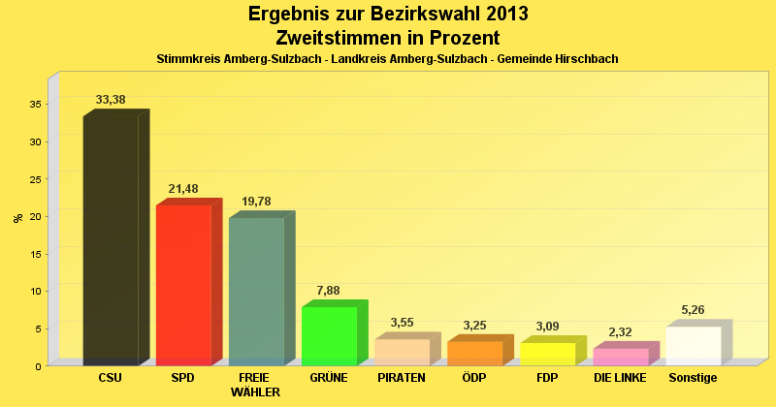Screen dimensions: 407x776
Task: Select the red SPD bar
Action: tap(183, 285)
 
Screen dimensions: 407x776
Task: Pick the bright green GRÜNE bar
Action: tap(330, 335)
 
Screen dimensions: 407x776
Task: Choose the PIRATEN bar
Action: tap(403, 352)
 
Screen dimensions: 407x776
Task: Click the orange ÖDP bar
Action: tap(475, 353)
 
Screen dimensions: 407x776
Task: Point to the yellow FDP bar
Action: tap(548, 354)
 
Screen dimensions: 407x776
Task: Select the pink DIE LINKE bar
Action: tap(621, 357)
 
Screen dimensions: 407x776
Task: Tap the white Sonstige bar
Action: tap(694, 346)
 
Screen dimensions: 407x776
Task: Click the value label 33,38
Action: tap(111, 100)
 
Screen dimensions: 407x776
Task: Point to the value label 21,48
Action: tap(183, 188)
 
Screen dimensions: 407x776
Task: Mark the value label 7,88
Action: tap(330, 290)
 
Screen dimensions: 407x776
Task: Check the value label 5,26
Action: tap(694, 310)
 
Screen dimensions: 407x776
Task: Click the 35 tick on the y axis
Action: tap(35, 104)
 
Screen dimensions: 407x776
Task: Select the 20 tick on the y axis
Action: tap(35, 216)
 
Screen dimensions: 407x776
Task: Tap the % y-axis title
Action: tap(17, 217)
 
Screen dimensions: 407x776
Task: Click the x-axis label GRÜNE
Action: tap(330, 378)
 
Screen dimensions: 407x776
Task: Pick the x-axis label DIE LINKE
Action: tap(621, 378)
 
